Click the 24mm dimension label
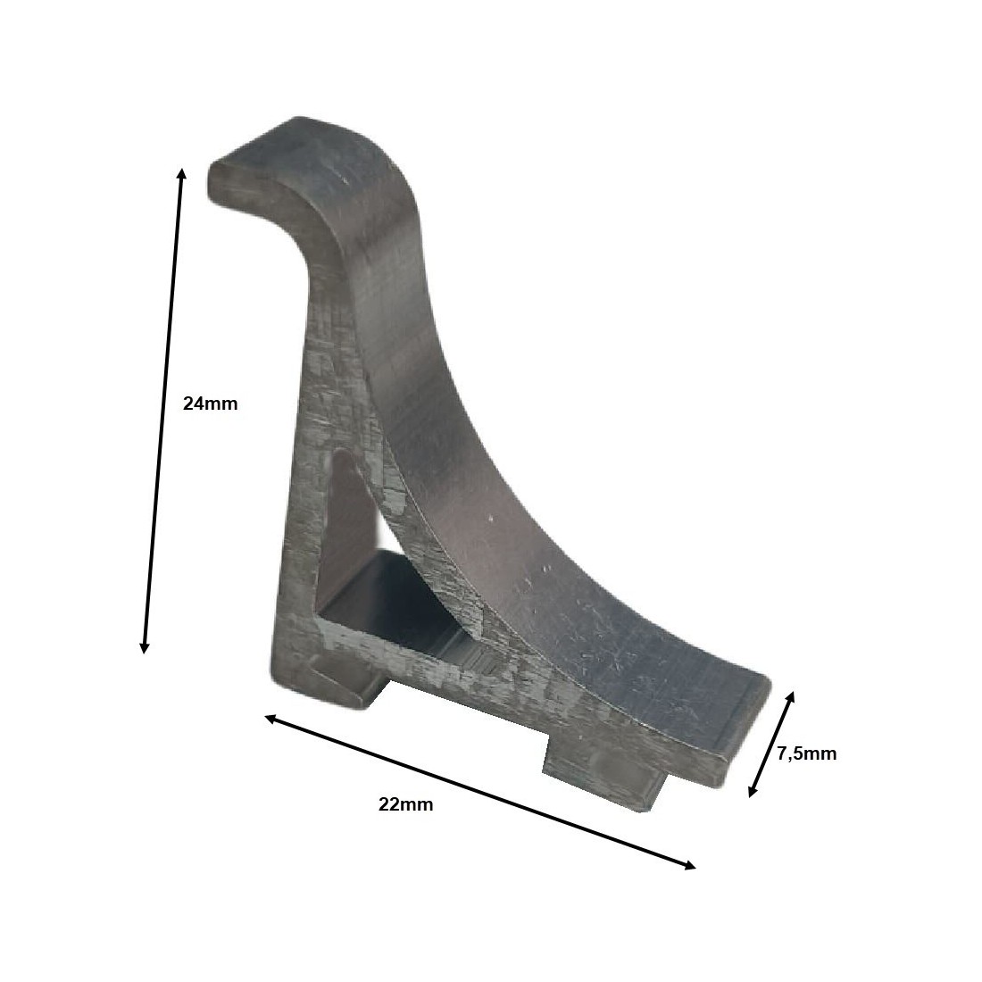[x=210, y=403]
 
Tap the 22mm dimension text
[x=405, y=804]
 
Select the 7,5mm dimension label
[x=806, y=753]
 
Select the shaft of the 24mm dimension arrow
[x=162, y=411]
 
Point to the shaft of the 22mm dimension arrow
[x=479, y=792]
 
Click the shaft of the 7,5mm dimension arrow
[x=771, y=743]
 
